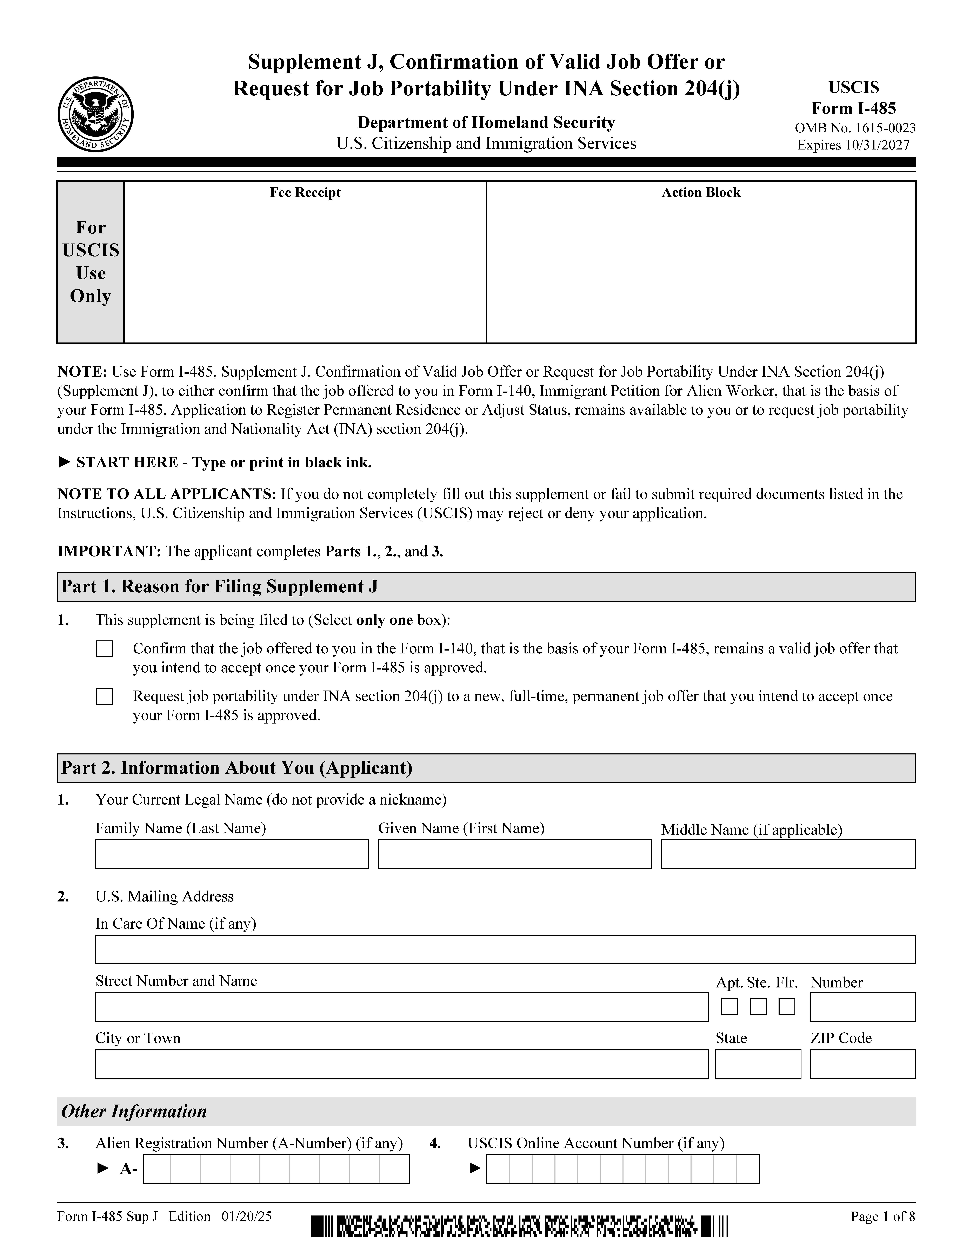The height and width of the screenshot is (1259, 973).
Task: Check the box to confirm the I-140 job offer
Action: [104, 649]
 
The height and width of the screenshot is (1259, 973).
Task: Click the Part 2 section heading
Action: [237, 768]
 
